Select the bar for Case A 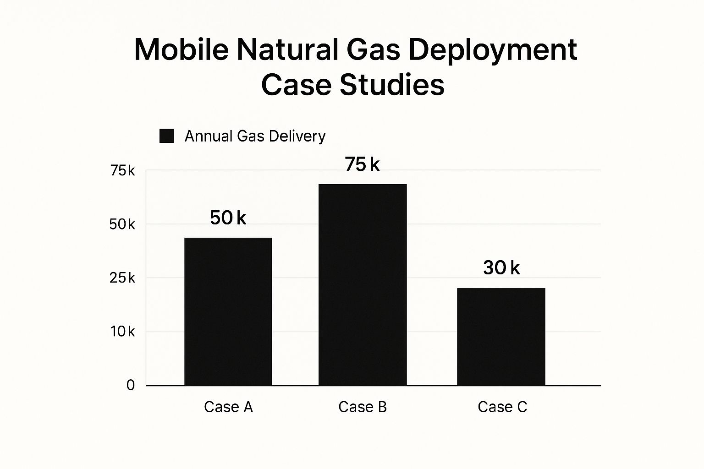pos(228,311)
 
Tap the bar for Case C pos(501,337)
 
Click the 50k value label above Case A pos(228,218)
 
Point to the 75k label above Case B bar pos(362,164)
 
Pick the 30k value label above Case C pos(501,267)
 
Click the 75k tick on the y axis pos(122,171)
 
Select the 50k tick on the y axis pos(122,224)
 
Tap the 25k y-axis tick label pos(122,278)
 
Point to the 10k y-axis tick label pos(122,332)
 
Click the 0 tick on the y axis pos(131,386)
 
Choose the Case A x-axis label pos(228,407)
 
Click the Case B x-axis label pos(363,407)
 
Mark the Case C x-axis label pos(502,407)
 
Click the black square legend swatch pos(166,136)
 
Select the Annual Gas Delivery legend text pos(255,136)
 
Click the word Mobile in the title pos(181,49)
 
